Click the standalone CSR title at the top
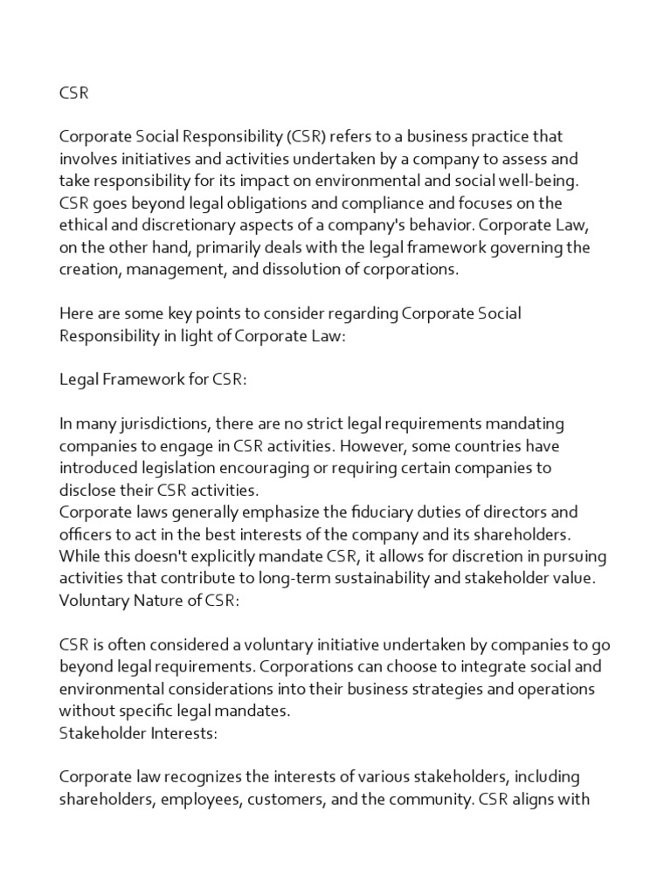click(x=73, y=93)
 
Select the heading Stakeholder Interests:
click(x=138, y=732)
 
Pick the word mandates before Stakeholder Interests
click(x=253, y=711)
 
